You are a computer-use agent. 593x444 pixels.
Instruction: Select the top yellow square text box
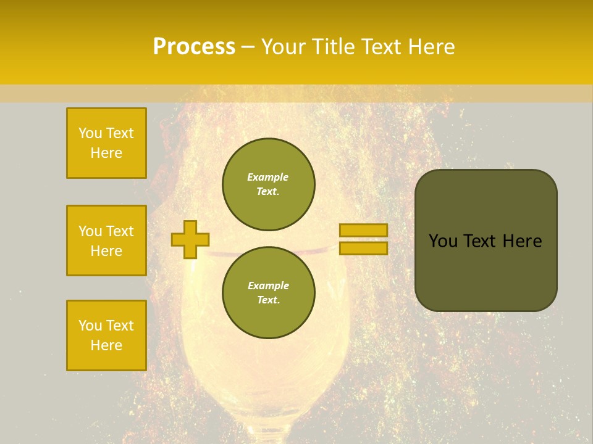click(x=106, y=143)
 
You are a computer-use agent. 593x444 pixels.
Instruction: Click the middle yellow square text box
click(x=106, y=240)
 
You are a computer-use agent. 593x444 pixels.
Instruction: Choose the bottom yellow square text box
click(x=106, y=335)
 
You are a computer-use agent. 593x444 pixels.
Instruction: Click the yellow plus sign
click(x=190, y=239)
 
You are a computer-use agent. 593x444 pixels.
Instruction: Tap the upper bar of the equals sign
click(x=363, y=230)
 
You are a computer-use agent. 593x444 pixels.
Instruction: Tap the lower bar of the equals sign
click(x=363, y=248)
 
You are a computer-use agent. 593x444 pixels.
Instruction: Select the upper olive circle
click(x=268, y=184)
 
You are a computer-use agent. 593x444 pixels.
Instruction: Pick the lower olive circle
click(x=268, y=292)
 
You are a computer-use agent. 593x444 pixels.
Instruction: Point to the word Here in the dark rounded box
click(x=522, y=241)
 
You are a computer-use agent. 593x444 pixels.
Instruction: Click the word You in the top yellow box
click(x=90, y=133)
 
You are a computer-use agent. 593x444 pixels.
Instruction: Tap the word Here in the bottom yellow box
click(x=106, y=345)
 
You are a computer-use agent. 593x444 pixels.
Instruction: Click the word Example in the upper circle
click(x=268, y=177)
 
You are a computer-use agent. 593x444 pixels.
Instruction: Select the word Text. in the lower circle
click(x=268, y=300)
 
